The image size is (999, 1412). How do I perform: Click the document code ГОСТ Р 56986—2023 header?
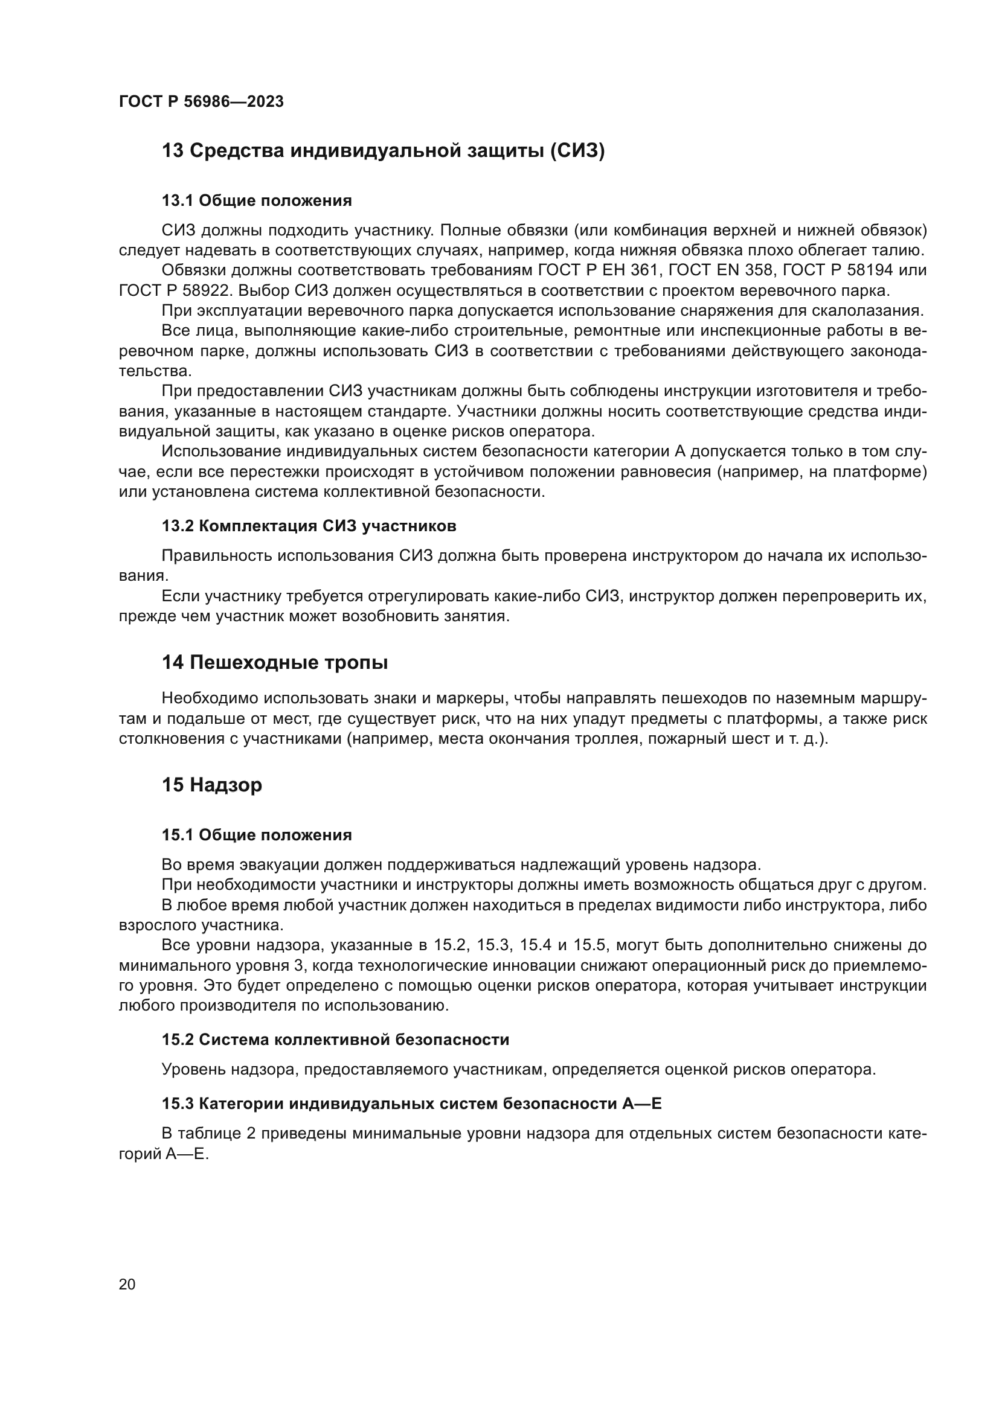pyautogui.click(x=201, y=101)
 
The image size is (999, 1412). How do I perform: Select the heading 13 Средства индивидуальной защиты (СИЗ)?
pyautogui.click(x=382, y=151)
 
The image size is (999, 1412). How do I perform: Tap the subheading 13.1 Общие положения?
pyautogui.click(x=257, y=200)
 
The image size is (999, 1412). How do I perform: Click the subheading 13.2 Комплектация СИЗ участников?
pyautogui.click(x=309, y=526)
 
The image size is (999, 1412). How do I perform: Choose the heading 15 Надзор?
pyautogui.click(x=211, y=785)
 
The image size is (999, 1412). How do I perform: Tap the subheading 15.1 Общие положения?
pyautogui.click(x=257, y=834)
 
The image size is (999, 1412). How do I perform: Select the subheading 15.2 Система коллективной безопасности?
pyautogui.click(x=335, y=1040)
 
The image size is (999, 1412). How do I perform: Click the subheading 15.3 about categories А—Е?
pyautogui.click(x=411, y=1104)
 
